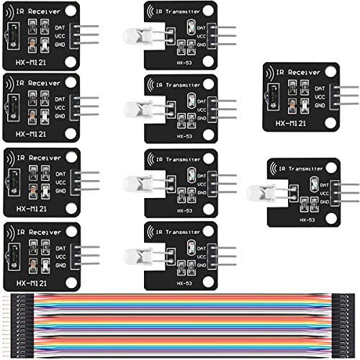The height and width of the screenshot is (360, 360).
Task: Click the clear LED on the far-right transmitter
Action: coord(258,192)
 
